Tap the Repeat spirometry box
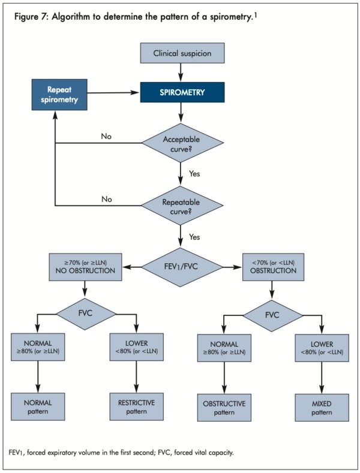click(55, 95)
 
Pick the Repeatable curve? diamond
click(182, 205)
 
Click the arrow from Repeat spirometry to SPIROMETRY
click(111, 93)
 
